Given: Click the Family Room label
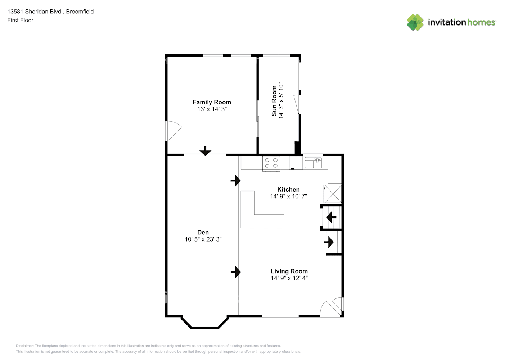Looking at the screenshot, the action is (212, 102).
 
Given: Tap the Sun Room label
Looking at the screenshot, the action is (274, 101).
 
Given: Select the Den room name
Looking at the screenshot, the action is (203, 232).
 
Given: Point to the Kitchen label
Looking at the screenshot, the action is (288, 189).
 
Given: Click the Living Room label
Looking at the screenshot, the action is (289, 271).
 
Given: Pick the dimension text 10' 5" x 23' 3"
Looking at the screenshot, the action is (203, 239).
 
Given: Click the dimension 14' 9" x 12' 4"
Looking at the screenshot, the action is (289, 278).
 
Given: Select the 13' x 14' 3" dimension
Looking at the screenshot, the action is (212, 109).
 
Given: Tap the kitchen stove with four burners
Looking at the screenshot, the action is (271, 164).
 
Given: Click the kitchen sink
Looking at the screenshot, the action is (313, 163).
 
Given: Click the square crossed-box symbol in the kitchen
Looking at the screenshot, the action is (333, 194).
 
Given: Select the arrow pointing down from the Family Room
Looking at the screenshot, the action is (206, 151).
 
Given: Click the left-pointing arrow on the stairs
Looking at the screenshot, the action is (331, 217).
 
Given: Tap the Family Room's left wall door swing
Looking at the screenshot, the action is (174, 131).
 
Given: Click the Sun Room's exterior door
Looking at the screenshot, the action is (297, 104).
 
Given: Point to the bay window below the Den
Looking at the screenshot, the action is (205, 322).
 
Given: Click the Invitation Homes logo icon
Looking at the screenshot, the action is (415, 22).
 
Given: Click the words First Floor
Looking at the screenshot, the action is (20, 20).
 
